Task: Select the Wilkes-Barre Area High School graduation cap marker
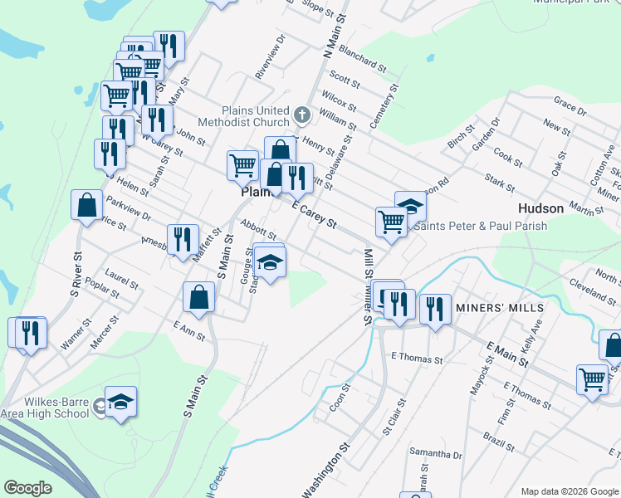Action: coord(121,403)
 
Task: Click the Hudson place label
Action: coord(540,208)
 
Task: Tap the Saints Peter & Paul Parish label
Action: coord(481,226)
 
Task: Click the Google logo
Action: coord(27,488)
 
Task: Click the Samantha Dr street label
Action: coord(435,455)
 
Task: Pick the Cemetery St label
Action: coord(384,106)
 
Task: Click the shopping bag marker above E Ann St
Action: coord(199,297)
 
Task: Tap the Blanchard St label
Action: coord(363,58)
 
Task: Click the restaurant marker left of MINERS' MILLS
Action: coord(434,309)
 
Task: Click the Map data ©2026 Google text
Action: coord(569,491)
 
